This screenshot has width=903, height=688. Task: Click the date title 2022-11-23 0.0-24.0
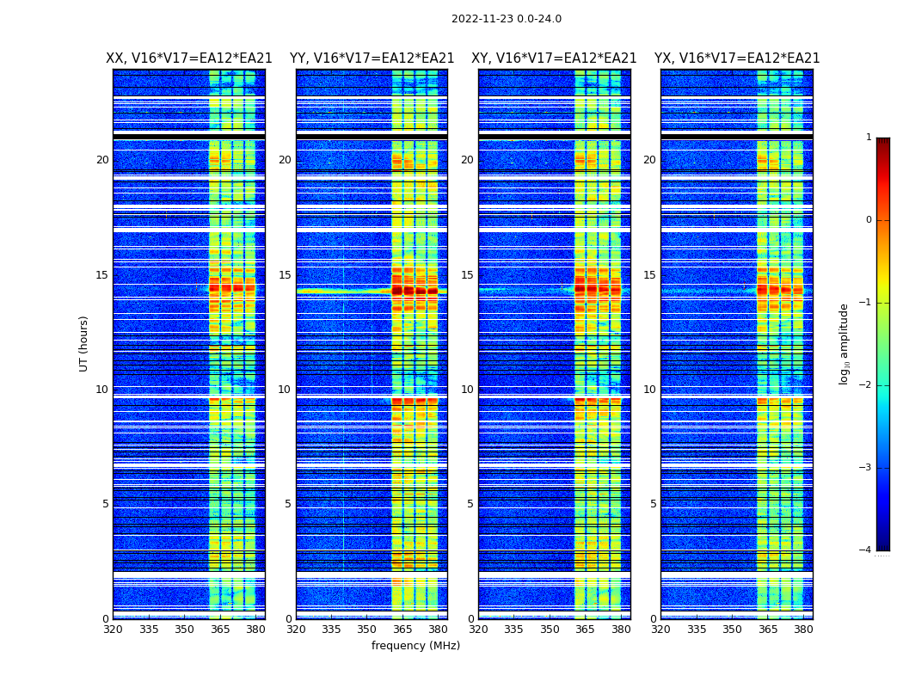pos(506,19)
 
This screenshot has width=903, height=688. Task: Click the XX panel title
pos(189,58)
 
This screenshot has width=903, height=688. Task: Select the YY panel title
pos(372,58)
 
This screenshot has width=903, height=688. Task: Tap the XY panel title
pos(554,58)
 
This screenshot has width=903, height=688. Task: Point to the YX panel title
pos(737,58)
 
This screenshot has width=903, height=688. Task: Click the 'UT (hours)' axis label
pos(84,343)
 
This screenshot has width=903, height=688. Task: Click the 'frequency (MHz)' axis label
pos(415,646)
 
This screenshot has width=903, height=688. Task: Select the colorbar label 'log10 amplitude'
pos(845,343)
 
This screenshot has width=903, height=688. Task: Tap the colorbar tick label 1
pos(869,138)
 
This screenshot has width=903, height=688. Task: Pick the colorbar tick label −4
pos(866,550)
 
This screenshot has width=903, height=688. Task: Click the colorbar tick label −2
pos(866,385)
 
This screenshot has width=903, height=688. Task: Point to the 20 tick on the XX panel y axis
pos(102,160)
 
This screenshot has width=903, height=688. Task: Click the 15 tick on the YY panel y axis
pos(285,275)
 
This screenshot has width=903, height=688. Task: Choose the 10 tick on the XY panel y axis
pos(467,390)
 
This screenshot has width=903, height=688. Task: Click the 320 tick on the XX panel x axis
pos(113,630)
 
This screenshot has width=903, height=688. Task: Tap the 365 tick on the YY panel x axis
pos(402,630)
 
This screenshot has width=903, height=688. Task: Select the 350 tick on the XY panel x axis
pos(550,630)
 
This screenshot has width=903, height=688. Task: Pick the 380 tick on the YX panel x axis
pos(803,630)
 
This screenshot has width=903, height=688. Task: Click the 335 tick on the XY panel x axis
pos(514,630)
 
